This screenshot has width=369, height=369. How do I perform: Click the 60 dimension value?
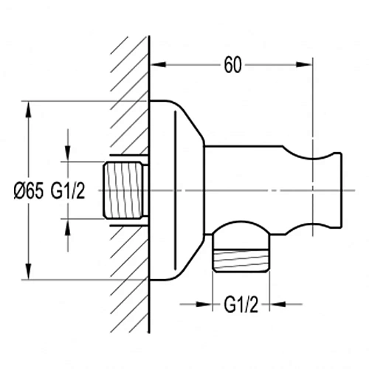(x=232, y=65)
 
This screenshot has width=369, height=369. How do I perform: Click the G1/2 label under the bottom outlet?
(x=241, y=305)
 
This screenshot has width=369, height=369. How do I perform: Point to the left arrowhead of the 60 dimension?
(x=158, y=64)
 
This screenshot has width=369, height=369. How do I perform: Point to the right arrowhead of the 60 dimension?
(x=304, y=64)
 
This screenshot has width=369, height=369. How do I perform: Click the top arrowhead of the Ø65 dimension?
(x=29, y=108)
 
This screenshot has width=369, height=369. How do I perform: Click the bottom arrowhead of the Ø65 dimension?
(x=29, y=272)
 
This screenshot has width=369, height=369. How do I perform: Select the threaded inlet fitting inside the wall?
(x=123, y=190)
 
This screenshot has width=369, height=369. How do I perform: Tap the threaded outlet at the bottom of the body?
(x=241, y=261)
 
